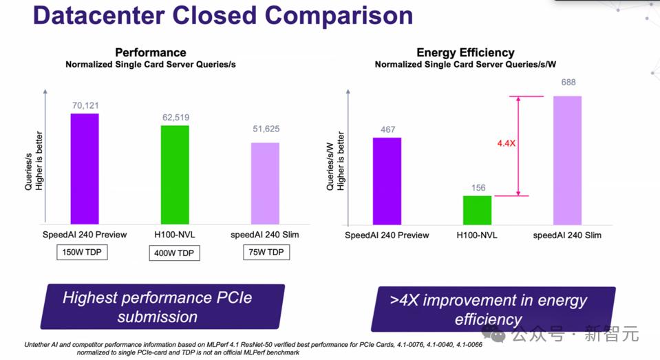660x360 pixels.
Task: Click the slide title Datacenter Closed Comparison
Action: (x=223, y=15)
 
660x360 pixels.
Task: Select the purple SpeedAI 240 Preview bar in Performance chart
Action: (x=84, y=169)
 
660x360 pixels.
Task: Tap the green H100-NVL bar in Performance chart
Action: (x=175, y=175)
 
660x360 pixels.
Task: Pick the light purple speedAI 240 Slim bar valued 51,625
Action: (x=265, y=183)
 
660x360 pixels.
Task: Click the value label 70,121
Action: (x=85, y=105)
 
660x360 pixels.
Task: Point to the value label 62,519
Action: (x=175, y=117)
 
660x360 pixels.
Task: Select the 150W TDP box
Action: (x=82, y=253)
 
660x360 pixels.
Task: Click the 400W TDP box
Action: (x=174, y=253)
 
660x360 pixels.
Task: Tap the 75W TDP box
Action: (x=265, y=253)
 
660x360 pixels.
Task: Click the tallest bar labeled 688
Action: (x=567, y=160)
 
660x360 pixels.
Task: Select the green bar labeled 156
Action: (x=477, y=210)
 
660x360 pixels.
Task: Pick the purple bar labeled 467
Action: (x=387, y=181)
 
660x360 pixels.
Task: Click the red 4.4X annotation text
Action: (x=506, y=143)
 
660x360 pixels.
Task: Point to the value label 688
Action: (x=568, y=83)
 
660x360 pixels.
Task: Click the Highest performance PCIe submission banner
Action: (x=162, y=307)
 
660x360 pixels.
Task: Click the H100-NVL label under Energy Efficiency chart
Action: (x=477, y=235)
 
